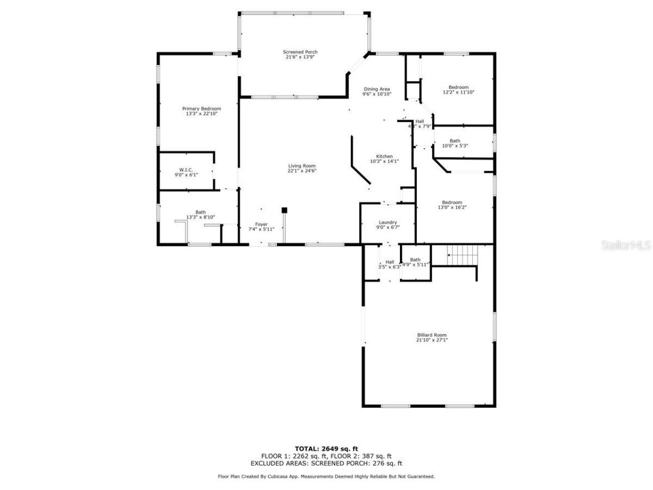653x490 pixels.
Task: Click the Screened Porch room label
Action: point(300,52)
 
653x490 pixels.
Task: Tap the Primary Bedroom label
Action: point(202,109)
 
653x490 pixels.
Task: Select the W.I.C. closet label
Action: point(186,169)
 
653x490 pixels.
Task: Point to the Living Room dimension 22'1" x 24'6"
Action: point(302,171)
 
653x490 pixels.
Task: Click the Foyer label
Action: point(261,224)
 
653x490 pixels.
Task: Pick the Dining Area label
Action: point(376,89)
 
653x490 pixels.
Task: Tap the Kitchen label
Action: point(384,156)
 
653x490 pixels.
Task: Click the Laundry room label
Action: point(388,222)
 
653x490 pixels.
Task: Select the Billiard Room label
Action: point(432,335)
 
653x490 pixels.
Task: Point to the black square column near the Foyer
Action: point(285,210)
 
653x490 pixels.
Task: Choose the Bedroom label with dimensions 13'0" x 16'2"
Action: point(452,202)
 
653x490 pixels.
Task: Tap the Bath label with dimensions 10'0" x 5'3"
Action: point(455,141)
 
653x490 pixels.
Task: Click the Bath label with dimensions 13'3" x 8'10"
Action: point(200,212)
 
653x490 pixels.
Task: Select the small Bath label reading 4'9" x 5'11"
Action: point(415,260)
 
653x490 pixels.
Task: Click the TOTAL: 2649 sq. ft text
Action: point(330,449)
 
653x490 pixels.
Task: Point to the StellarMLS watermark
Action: point(626,246)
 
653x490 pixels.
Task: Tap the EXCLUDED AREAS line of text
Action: point(326,463)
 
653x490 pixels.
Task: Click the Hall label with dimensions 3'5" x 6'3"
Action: point(389,262)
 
